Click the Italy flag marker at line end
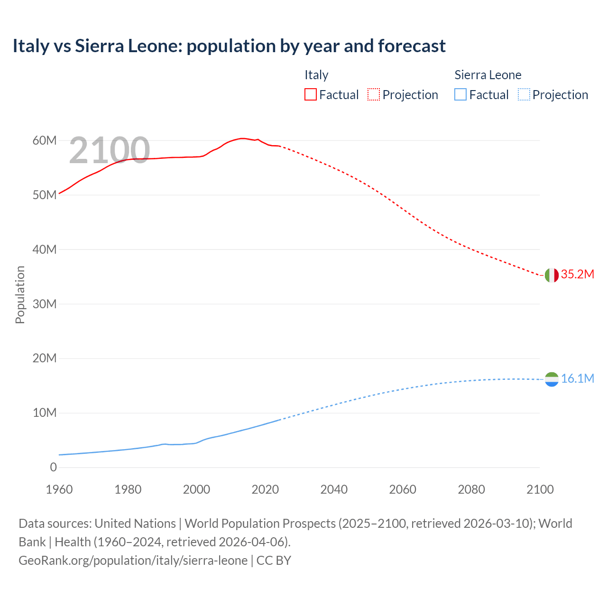click(x=552, y=275)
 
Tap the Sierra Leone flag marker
click(x=552, y=379)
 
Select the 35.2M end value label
click(x=577, y=275)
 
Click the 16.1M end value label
click(x=577, y=378)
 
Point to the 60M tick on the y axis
click(x=45, y=141)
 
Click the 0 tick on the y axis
click(x=53, y=468)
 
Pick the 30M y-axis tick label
click(x=45, y=304)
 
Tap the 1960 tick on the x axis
click(x=59, y=489)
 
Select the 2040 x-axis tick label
click(x=334, y=489)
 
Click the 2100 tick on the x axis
click(x=540, y=489)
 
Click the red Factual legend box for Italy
click(x=311, y=95)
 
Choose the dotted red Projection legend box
click(x=374, y=95)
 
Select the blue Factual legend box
click(x=460, y=95)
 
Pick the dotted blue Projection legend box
click(x=524, y=95)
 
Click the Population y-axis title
click(x=20, y=294)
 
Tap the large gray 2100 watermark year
click(x=110, y=150)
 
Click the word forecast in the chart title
click(x=412, y=46)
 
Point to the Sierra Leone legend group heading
click(x=487, y=75)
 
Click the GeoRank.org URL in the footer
click(x=133, y=561)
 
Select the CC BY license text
click(x=274, y=561)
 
